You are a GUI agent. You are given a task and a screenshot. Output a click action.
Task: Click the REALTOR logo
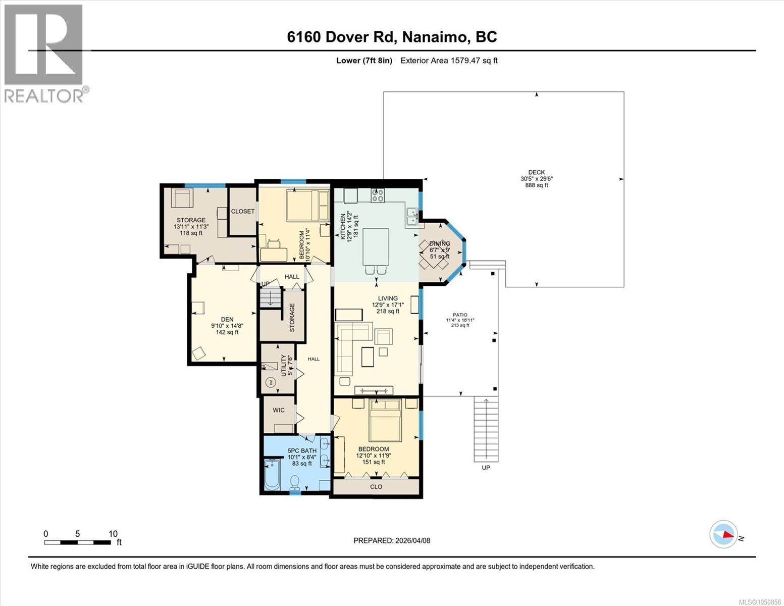pyautogui.click(x=45, y=54)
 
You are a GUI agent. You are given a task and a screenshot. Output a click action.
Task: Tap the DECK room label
pyautogui.click(x=536, y=172)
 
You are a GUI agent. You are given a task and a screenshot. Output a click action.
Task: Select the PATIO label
pyautogui.click(x=460, y=315)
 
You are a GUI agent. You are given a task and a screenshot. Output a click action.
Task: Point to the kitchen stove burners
pyautogui.click(x=378, y=195)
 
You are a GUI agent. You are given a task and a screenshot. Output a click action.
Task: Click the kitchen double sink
pyautogui.click(x=412, y=217)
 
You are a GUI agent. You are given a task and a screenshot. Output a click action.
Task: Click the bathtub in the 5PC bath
pyautogui.click(x=272, y=475)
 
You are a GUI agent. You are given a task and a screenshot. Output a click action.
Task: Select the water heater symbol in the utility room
pyautogui.click(x=270, y=383)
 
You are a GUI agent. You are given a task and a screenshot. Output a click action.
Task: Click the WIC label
pyautogui.click(x=279, y=410)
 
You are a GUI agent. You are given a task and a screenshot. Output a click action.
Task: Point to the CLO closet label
pyautogui.click(x=376, y=486)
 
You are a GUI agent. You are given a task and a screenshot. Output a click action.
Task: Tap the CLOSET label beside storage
pyautogui.click(x=242, y=211)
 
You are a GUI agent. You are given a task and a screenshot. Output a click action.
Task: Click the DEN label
pyautogui.click(x=227, y=319)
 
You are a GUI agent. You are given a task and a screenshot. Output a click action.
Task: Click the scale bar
pyautogui.click(x=77, y=542)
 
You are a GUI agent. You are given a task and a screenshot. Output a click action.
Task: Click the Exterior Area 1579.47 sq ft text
pyautogui.click(x=449, y=61)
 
